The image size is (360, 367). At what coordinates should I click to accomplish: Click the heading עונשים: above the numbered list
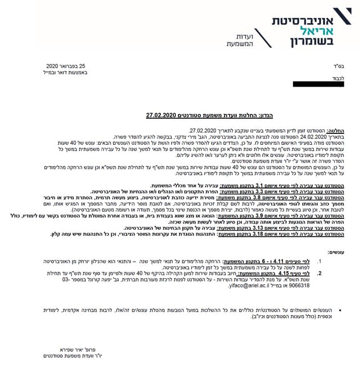coord(339,253)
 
